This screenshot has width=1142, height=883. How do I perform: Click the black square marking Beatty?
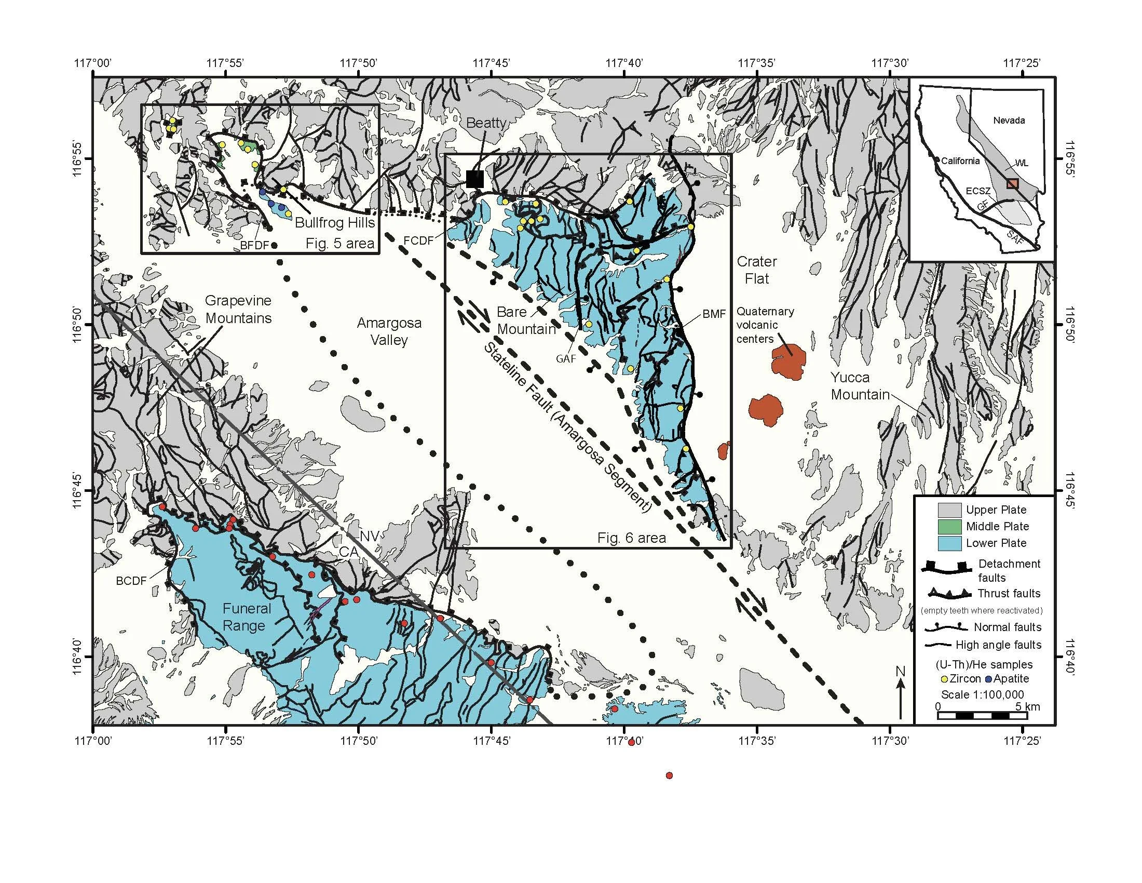[475, 179]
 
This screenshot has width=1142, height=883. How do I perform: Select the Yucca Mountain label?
[860, 385]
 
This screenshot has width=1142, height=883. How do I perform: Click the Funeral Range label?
[243, 617]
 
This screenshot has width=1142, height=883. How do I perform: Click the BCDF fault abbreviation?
[131, 581]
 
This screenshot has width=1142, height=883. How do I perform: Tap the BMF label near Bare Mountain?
[714, 314]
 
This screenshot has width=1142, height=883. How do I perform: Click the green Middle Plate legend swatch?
[949, 526]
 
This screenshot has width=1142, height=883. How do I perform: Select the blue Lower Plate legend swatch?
[949, 543]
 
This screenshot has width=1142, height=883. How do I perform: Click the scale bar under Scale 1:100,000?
[982, 715]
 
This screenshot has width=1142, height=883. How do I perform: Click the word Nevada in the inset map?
[1009, 121]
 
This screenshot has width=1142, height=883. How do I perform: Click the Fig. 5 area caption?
[340, 243]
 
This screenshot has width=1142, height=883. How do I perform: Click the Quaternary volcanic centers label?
[765, 325]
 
